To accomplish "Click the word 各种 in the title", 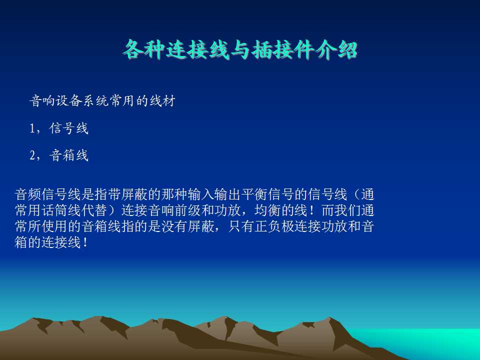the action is point(144,49).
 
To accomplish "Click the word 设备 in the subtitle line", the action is point(68,100).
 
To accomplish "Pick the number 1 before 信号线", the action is point(32,128).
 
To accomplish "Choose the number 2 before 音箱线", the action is point(33,155).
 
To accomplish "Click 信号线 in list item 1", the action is point(68,128).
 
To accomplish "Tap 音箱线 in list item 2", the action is point(68,155).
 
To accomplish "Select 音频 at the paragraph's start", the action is point(28,194).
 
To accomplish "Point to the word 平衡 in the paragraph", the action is point(254,194).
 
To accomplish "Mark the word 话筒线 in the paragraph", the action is point(61,210).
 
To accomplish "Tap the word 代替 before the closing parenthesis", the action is point(95,210).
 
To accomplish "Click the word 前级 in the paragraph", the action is point(187,210).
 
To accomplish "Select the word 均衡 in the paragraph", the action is point(267,210).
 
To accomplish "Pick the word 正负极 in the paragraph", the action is point(274,226).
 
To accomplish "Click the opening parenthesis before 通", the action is point(356,194).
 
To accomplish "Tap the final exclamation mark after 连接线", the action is point(85,242).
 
